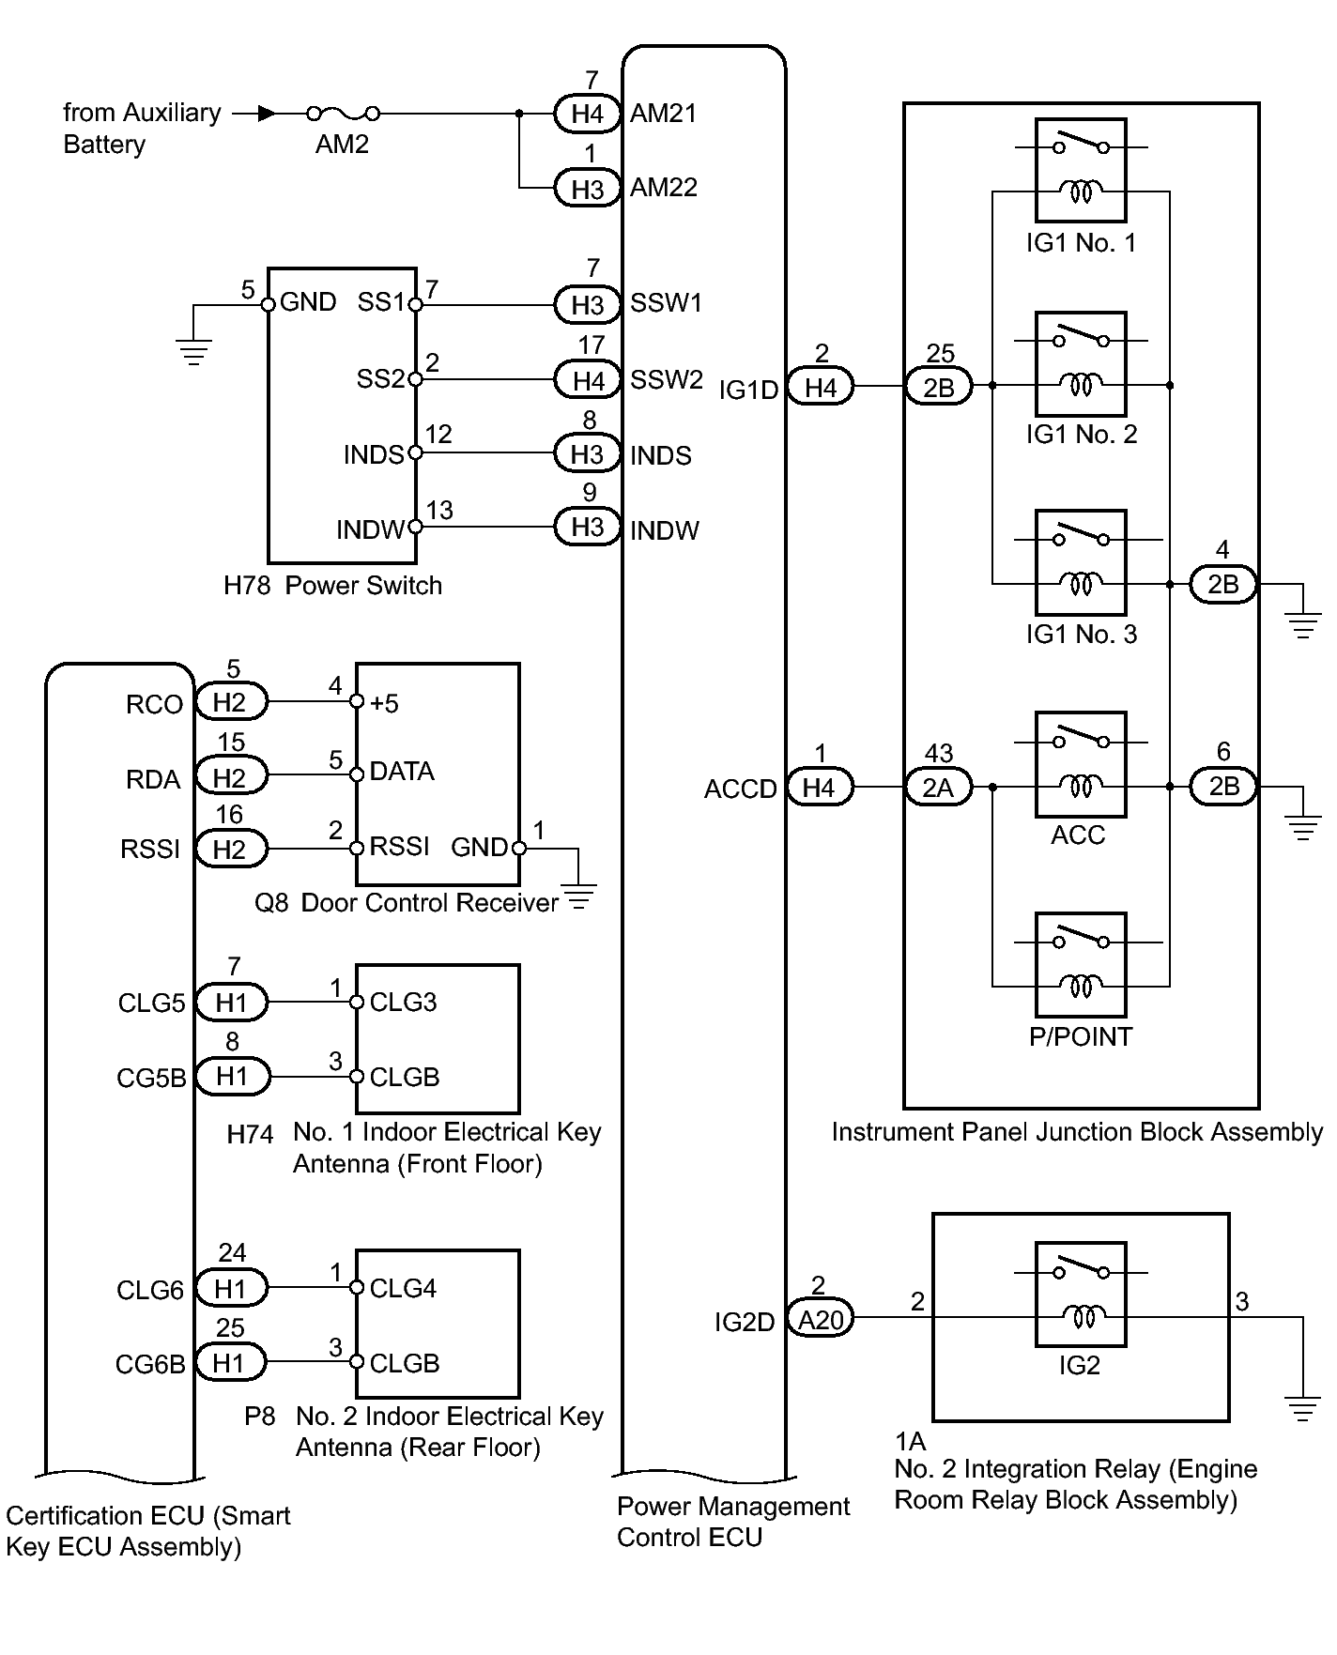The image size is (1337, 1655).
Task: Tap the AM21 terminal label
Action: coord(664,114)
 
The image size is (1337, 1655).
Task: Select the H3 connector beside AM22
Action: coord(587,189)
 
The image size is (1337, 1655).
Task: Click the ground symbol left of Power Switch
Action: coord(193,351)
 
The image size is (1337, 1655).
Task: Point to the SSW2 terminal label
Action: coord(667,379)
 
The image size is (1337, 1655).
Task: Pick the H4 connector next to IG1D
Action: coord(820,387)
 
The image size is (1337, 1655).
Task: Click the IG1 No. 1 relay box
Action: coord(1081,170)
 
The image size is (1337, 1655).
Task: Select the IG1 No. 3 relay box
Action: coord(1081,561)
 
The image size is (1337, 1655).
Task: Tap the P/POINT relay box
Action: coord(1081,964)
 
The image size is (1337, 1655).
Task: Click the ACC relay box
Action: coord(1081,763)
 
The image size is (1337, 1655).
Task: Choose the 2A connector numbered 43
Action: coord(939,787)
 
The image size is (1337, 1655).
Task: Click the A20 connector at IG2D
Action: coord(821,1319)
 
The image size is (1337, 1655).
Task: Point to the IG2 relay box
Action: coord(1081,1295)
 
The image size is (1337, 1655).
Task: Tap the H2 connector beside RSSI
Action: coord(230,850)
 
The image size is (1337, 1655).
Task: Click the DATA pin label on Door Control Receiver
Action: coord(402,772)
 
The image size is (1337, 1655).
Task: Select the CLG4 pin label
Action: coord(403,1288)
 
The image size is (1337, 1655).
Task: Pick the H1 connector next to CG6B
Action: coord(230,1363)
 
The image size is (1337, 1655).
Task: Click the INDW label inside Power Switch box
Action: coord(370,530)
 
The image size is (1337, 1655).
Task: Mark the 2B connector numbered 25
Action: coord(939,387)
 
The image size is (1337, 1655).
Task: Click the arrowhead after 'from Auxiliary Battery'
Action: coord(268,114)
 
